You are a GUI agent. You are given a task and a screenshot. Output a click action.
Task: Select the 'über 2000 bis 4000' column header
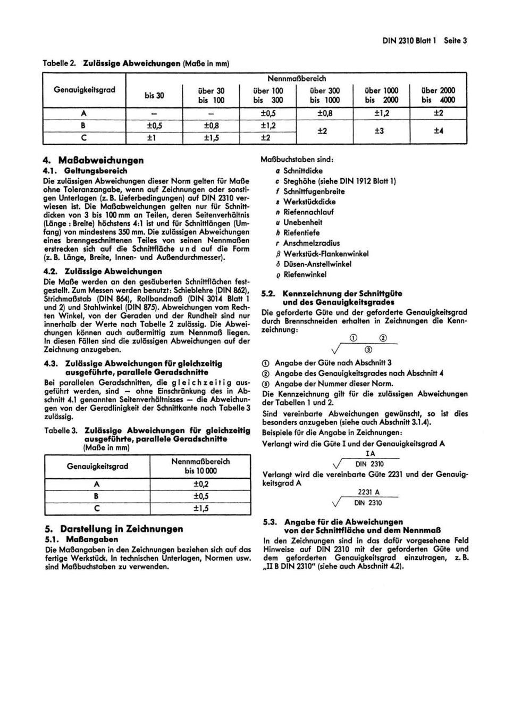(438, 95)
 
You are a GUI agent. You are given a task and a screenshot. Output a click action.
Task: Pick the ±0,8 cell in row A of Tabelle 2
(325, 113)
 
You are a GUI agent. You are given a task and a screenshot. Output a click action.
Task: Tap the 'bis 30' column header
(154, 95)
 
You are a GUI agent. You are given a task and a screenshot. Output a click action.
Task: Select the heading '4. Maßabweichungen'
(94, 160)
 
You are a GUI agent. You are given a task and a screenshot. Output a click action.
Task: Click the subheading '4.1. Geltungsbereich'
(85, 171)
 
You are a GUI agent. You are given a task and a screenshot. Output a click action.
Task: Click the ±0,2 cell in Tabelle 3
(200, 484)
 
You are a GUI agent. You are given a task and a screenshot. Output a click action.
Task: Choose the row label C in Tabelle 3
(97, 508)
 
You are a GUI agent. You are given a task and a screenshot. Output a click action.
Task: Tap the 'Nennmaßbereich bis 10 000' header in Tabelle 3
(200, 466)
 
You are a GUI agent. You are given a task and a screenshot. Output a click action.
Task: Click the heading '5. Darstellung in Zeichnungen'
(114, 529)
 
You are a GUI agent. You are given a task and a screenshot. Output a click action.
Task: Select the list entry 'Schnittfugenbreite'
(314, 192)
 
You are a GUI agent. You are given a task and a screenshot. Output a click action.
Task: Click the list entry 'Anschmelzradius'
(311, 243)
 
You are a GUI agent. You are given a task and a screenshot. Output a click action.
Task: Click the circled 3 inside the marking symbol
(368, 350)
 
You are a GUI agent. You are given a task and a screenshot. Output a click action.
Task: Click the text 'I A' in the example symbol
(370, 453)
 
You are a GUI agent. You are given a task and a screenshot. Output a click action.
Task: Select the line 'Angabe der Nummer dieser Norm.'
(334, 384)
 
